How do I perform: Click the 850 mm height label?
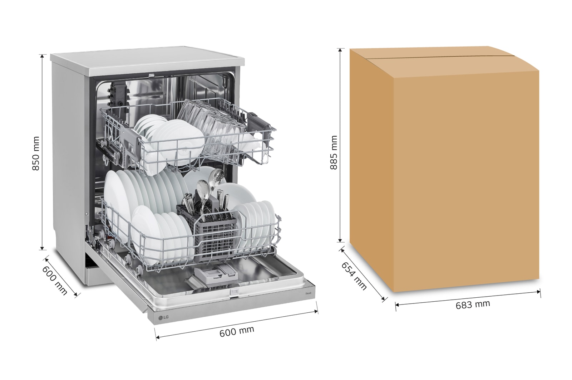coord(36,154)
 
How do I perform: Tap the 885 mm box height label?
coord(334,152)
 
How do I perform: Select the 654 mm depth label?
coord(354,276)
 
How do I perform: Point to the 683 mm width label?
coord(473,305)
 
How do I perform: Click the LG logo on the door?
coord(163,318)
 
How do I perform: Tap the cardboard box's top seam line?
coord(440,57)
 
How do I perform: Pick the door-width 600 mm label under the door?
coord(237,331)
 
